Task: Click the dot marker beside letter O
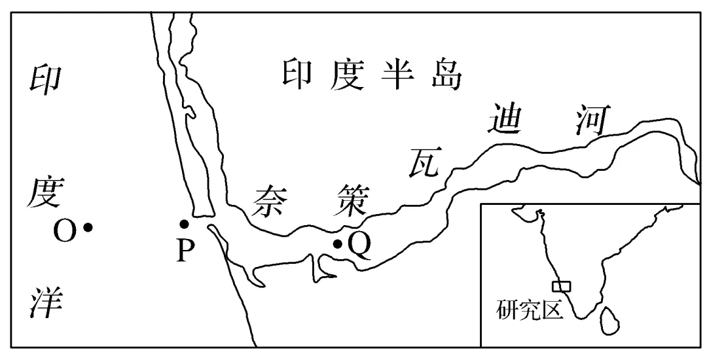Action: (x=88, y=228)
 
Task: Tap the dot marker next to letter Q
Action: (x=337, y=244)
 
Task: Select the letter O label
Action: (x=65, y=230)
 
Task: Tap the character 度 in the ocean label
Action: (x=45, y=194)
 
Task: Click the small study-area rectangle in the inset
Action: (x=561, y=286)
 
